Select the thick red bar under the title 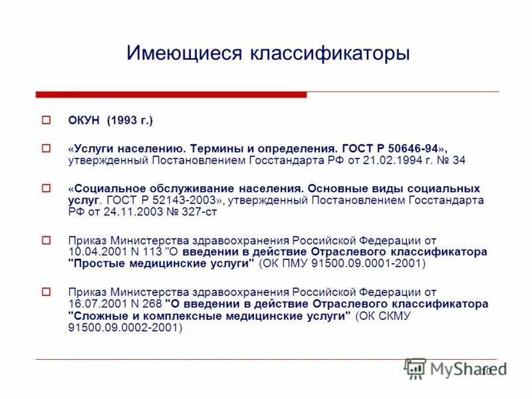172,94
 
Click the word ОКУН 84,120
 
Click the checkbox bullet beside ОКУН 47,120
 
